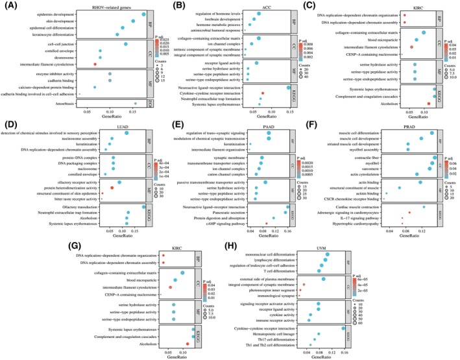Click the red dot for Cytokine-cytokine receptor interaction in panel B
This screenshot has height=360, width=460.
[x=262, y=93]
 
